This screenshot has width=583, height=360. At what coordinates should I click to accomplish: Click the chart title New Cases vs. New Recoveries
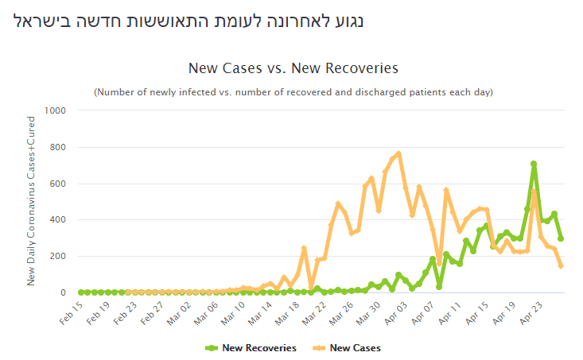click(x=293, y=68)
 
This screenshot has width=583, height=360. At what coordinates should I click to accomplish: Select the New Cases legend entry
click(x=350, y=347)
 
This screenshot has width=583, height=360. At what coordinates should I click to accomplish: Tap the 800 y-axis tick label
click(x=59, y=147)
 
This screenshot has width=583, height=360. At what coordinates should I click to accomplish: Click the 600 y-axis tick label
click(x=59, y=184)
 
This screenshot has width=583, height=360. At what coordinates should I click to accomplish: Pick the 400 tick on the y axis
click(x=59, y=219)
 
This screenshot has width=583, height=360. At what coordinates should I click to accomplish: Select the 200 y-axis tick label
click(x=59, y=256)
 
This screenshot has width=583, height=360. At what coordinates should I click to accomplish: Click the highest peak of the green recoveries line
click(x=534, y=164)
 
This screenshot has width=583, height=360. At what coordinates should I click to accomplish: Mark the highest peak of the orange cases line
click(x=398, y=153)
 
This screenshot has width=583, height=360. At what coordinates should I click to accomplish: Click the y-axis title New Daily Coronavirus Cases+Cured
click(x=32, y=201)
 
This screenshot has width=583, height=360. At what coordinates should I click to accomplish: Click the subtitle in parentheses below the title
click(x=293, y=92)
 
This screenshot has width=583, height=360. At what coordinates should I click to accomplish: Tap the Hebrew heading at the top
click(x=189, y=20)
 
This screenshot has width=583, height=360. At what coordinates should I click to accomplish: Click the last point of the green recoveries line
click(x=561, y=238)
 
